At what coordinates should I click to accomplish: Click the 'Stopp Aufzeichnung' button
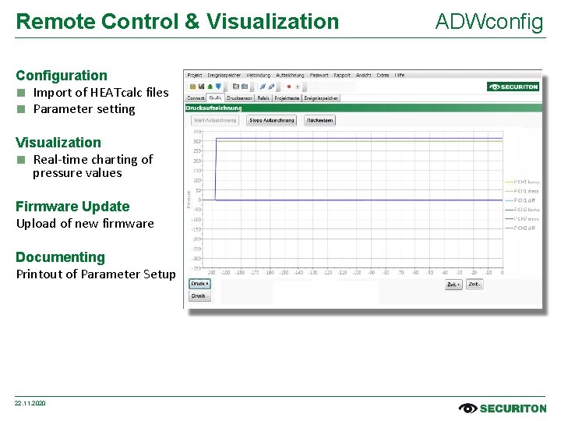click(271, 121)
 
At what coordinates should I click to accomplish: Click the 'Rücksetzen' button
click(319, 121)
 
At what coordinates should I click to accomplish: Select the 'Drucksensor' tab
click(239, 98)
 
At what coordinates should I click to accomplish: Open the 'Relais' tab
click(263, 98)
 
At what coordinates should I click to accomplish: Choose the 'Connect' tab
click(196, 98)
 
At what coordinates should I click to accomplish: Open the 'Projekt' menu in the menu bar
click(195, 76)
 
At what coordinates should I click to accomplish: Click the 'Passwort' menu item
click(319, 76)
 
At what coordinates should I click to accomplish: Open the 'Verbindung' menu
click(258, 76)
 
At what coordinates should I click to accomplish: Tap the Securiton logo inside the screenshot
click(513, 87)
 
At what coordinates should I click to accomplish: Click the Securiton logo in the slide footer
click(503, 408)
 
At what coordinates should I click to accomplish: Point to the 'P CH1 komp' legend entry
click(526, 182)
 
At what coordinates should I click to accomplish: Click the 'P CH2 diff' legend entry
click(524, 228)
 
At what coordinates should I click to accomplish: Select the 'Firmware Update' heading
click(72, 207)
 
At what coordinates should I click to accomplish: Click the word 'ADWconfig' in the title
click(489, 22)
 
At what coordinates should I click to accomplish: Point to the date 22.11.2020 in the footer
click(30, 403)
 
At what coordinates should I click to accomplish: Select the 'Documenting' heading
click(60, 257)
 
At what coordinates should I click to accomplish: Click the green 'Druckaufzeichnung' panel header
click(213, 108)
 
